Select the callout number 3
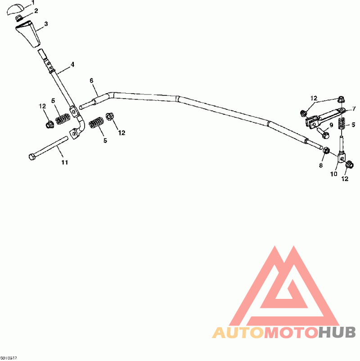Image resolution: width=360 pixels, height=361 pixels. pyautogui.click(x=46, y=24)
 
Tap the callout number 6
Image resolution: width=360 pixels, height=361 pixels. pyautogui.click(x=91, y=81)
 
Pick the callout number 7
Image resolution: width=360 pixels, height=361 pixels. pyautogui.click(x=354, y=108)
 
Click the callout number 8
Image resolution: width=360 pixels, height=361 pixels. pyautogui.click(x=321, y=166)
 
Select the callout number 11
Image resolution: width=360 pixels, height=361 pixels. pyautogui.click(x=64, y=162)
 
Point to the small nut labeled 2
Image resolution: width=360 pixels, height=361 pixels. pyautogui.click(x=19, y=18)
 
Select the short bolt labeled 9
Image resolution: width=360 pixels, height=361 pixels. pyautogui.click(x=323, y=132)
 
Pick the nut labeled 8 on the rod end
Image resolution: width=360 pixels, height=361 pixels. pyautogui.click(x=327, y=150)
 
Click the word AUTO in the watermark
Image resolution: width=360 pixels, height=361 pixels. pyautogui.click(x=238, y=333)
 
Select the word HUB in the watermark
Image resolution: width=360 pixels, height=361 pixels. pyautogui.click(x=337, y=333)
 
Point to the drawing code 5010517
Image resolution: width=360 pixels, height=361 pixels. pyautogui.click(x=9, y=358)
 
